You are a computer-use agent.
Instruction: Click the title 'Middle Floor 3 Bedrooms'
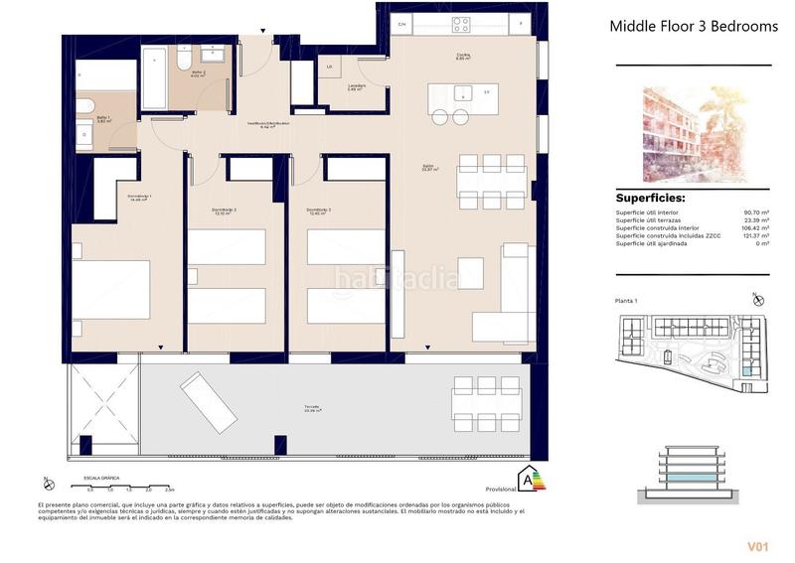[693, 27]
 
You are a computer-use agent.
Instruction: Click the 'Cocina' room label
[463, 56]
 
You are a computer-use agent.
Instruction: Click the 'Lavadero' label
[356, 86]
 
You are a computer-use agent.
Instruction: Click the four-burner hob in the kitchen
[461, 25]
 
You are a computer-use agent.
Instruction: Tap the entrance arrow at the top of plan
[263, 33]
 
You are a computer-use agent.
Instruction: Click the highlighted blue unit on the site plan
[746, 371]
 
